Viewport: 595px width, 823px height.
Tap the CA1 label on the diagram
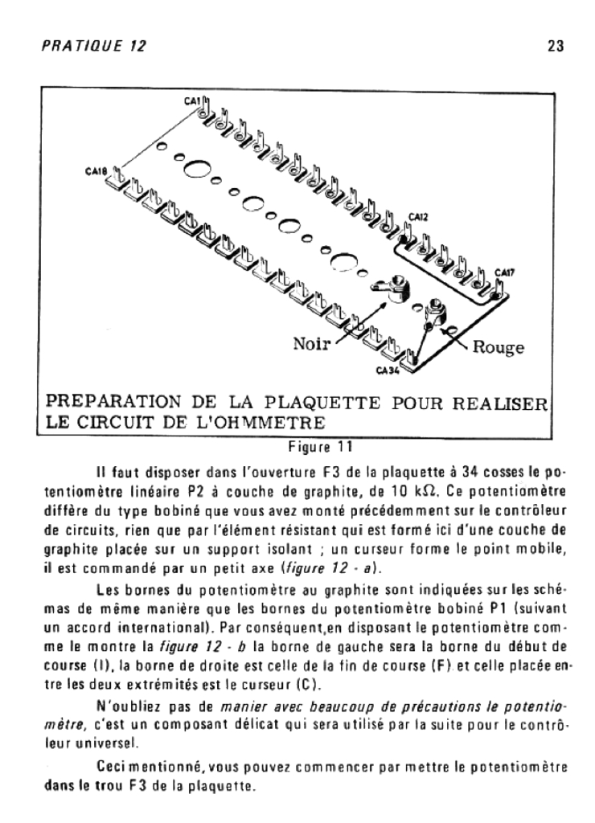(x=191, y=101)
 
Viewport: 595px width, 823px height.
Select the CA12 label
(x=417, y=215)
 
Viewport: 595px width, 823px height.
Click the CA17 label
(x=505, y=272)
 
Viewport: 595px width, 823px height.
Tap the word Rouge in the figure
(x=499, y=348)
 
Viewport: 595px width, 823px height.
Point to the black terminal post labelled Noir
(x=393, y=288)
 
